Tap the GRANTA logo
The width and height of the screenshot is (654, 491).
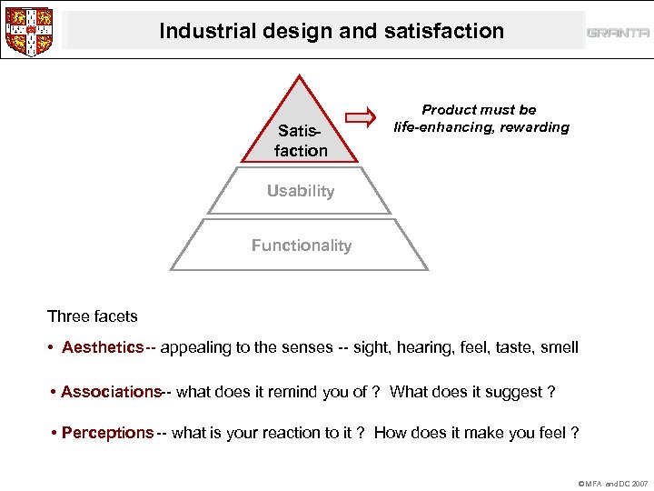618,33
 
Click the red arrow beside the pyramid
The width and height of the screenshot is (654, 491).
362,116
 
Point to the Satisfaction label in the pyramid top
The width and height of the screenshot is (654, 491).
301,141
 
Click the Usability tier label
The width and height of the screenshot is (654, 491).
301,191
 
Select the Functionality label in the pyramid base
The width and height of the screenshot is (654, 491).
301,245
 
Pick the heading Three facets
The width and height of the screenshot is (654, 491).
93,316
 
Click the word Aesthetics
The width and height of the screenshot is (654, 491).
103,347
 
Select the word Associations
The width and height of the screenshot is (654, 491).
111,392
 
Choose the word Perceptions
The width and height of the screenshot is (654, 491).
107,433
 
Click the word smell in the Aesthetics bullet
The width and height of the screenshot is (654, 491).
559,347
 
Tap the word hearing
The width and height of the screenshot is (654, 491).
409,347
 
